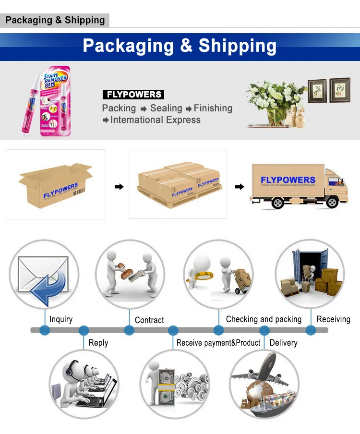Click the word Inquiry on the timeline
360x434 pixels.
pos(61,319)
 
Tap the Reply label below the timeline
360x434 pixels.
pos(98,343)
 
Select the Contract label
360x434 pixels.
pos(149,320)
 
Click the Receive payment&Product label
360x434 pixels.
pos(218,343)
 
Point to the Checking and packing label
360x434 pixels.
pos(264,319)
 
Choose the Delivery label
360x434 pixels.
pos(283,343)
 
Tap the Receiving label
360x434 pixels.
pos(333,319)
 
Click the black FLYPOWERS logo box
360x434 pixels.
pos(133,95)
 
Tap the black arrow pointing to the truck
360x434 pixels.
pos(239,187)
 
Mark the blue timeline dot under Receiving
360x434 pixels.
pos(311,330)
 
